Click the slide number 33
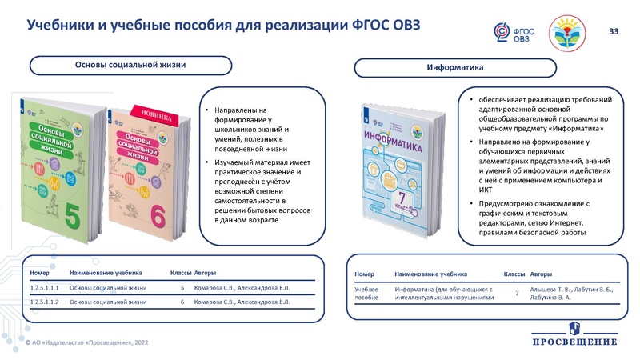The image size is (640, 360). pyautogui.click(x=614, y=31)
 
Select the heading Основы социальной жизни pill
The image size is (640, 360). pyautogui.click(x=131, y=65)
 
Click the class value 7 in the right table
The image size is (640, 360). pyautogui.click(x=518, y=293)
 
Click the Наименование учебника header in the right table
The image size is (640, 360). pyautogui.click(x=431, y=273)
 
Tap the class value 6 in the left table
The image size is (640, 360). pyautogui.click(x=182, y=302)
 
